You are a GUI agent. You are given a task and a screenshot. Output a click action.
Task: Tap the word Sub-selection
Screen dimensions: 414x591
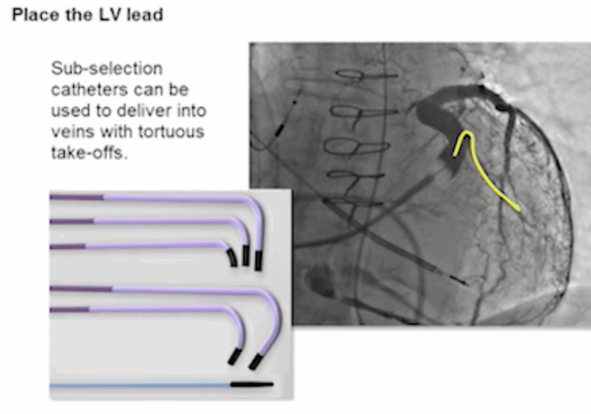point(106,68)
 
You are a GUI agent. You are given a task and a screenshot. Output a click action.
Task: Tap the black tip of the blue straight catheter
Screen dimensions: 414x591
point(252,384)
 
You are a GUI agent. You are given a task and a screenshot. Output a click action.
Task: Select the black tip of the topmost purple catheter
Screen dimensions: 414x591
point(259,260)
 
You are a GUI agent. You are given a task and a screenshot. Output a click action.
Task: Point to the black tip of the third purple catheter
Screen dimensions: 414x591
point(232,258)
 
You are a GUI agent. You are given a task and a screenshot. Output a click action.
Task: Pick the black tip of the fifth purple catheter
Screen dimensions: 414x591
point(234,356)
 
